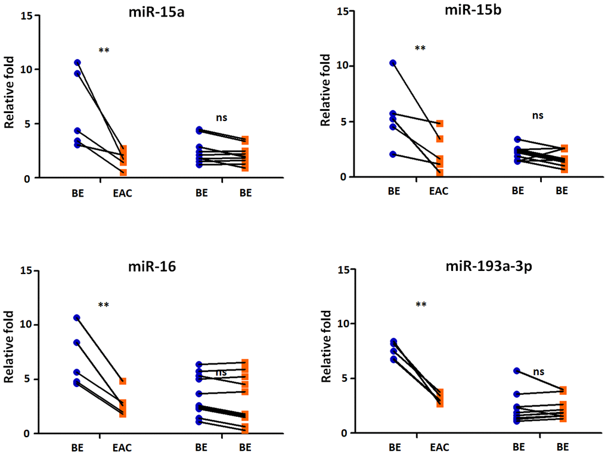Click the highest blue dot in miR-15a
[77, 63]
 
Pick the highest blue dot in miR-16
[77, 318]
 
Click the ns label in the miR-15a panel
[222, 117]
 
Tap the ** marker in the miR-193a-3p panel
[421, 305]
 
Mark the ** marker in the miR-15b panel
[420, 48]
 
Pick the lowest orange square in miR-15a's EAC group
[122, 172]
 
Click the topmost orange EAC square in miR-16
[122, 381]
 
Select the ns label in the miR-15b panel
[538, 116]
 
